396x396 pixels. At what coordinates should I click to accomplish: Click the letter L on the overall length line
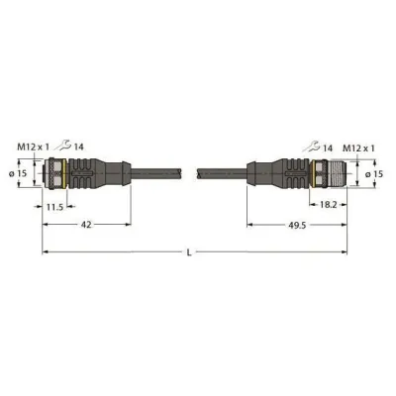[191, 253]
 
